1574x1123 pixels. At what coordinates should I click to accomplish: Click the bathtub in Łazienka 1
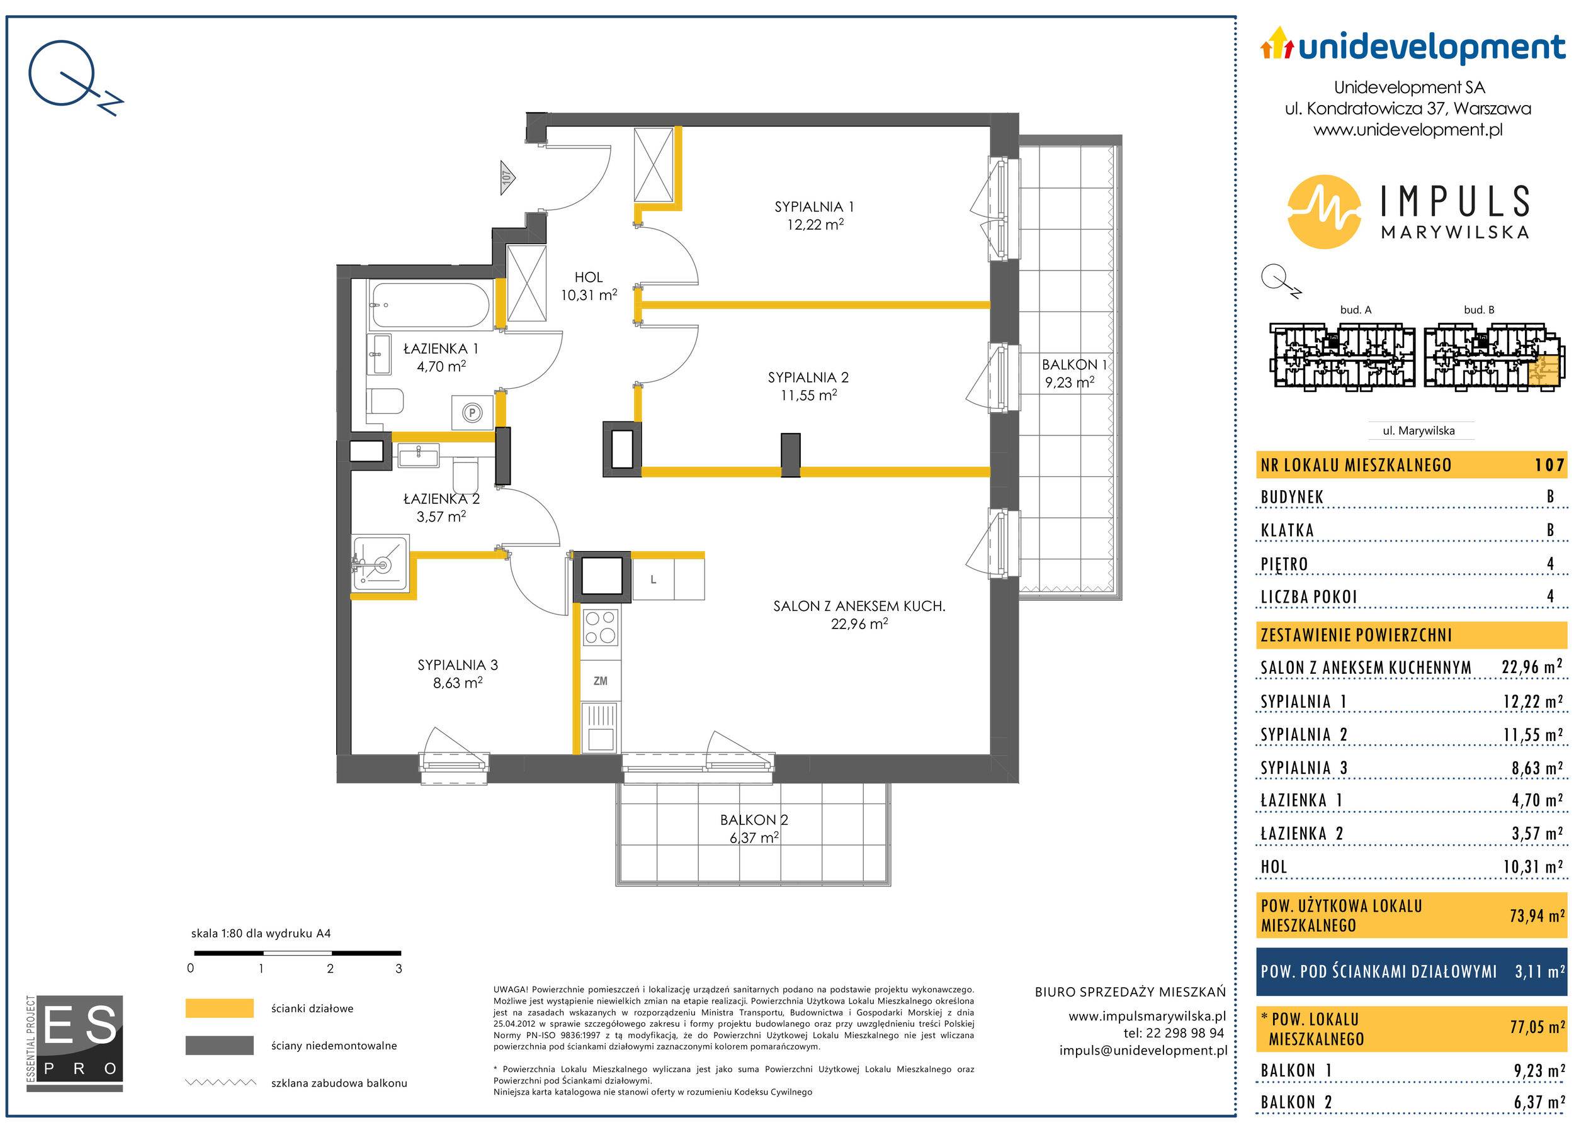(429, 304)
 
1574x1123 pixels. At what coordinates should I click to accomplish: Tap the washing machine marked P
(473, 413)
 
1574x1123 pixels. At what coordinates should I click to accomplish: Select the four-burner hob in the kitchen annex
(601, 627)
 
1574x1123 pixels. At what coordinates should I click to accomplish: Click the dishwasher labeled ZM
(601, 681)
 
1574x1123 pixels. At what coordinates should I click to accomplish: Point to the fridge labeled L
(653, 579)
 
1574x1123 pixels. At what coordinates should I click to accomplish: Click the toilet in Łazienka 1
(385, 401)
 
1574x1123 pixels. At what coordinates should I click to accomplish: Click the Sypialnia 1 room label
(813, 207)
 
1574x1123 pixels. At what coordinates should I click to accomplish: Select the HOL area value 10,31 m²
(589, 294)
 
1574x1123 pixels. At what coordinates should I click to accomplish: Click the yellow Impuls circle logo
(1324, 211)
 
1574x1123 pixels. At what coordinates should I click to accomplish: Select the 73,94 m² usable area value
(1537, 915)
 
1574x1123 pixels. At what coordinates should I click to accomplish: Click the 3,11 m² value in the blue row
(1540, 971)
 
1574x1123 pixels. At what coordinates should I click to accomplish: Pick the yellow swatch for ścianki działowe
(219, 1008)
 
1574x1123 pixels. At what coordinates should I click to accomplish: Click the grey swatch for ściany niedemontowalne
(219, 1046)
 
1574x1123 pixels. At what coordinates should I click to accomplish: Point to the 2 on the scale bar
(330, 968)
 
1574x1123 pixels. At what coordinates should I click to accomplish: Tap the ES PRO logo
(75, 1043)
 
